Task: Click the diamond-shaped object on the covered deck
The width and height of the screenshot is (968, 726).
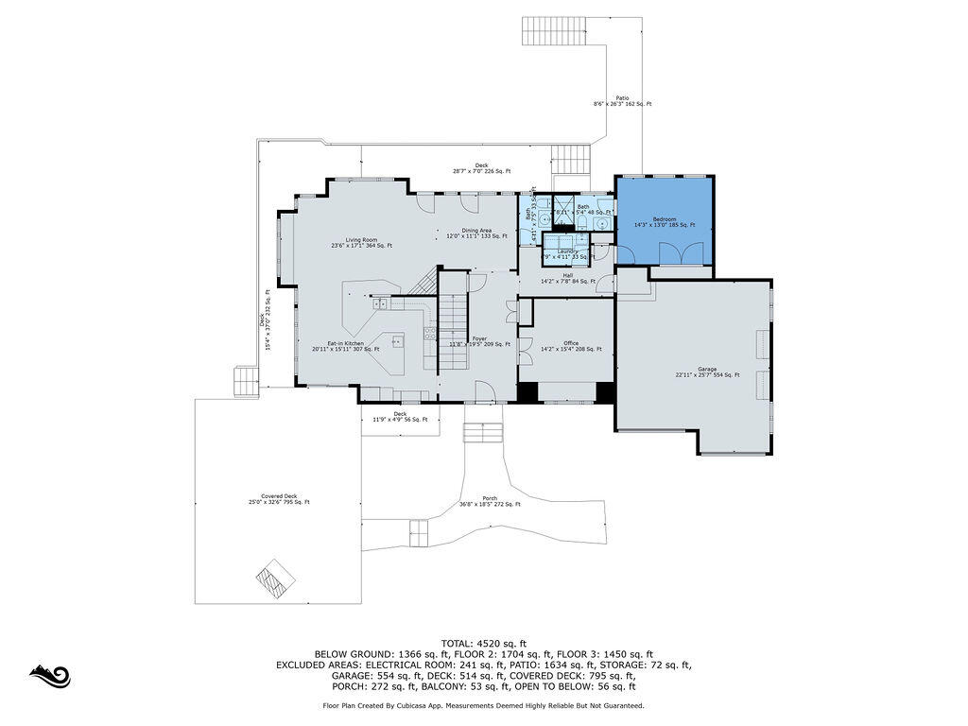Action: [276, 576]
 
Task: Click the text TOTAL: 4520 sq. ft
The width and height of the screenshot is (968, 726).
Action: [483, 642]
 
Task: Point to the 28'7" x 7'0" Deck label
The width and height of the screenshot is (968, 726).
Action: [481, 168]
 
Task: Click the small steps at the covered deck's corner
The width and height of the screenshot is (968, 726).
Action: [245, 381]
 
